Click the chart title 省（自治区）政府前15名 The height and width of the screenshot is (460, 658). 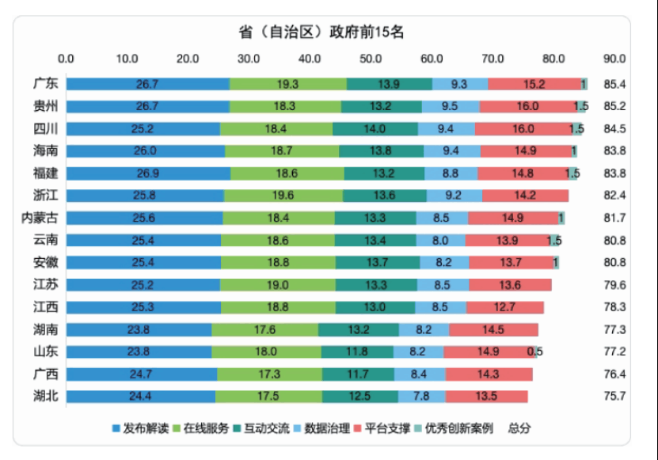322,32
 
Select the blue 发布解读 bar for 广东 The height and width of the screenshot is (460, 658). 147,84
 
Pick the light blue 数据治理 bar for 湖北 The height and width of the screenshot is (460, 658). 421,396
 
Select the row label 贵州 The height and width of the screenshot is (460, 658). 46,106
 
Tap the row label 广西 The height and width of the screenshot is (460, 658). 46,374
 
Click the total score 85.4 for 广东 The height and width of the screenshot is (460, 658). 614,84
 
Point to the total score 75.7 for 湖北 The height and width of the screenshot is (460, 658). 614,396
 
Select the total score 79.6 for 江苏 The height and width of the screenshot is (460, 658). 614,284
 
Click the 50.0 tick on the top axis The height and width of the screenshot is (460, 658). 371,59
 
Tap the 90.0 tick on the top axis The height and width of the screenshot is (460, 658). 614,59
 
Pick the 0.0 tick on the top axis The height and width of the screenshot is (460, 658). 67,59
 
